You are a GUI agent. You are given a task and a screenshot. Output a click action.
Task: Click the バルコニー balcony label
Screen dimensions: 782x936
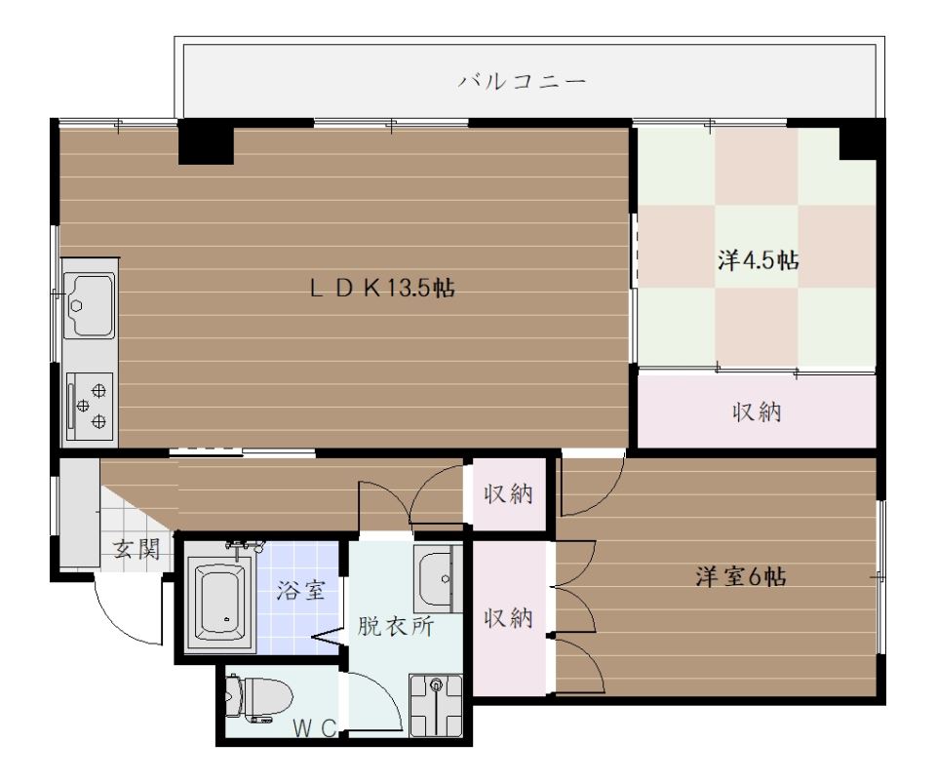tap(523, 80)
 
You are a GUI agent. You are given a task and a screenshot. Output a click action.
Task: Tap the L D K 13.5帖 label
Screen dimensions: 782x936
tap(383, 289)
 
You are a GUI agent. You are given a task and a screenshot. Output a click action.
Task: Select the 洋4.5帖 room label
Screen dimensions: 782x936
tap(760, 260)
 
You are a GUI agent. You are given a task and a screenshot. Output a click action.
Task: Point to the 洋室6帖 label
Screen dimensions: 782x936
tap(741, 576)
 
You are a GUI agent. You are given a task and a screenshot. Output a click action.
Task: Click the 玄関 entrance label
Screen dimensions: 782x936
tap(136, 548)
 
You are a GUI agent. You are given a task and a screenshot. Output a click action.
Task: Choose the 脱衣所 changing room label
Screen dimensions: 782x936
tap(395, 625)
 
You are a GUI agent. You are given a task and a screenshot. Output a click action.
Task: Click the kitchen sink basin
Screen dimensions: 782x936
tap(90, 299)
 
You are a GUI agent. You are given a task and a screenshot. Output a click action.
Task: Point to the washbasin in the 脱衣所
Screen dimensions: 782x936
tap(435, 575)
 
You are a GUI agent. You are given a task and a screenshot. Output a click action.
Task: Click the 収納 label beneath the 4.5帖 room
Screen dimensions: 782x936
tap(757, 412)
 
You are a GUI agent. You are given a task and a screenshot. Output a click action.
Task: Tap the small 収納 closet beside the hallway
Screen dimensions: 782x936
tap(509, 494)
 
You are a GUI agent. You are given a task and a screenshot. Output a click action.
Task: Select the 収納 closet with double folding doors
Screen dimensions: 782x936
tap(509, 619)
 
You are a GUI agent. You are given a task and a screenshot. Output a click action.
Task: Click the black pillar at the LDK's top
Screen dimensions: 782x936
tap(206, 142)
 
